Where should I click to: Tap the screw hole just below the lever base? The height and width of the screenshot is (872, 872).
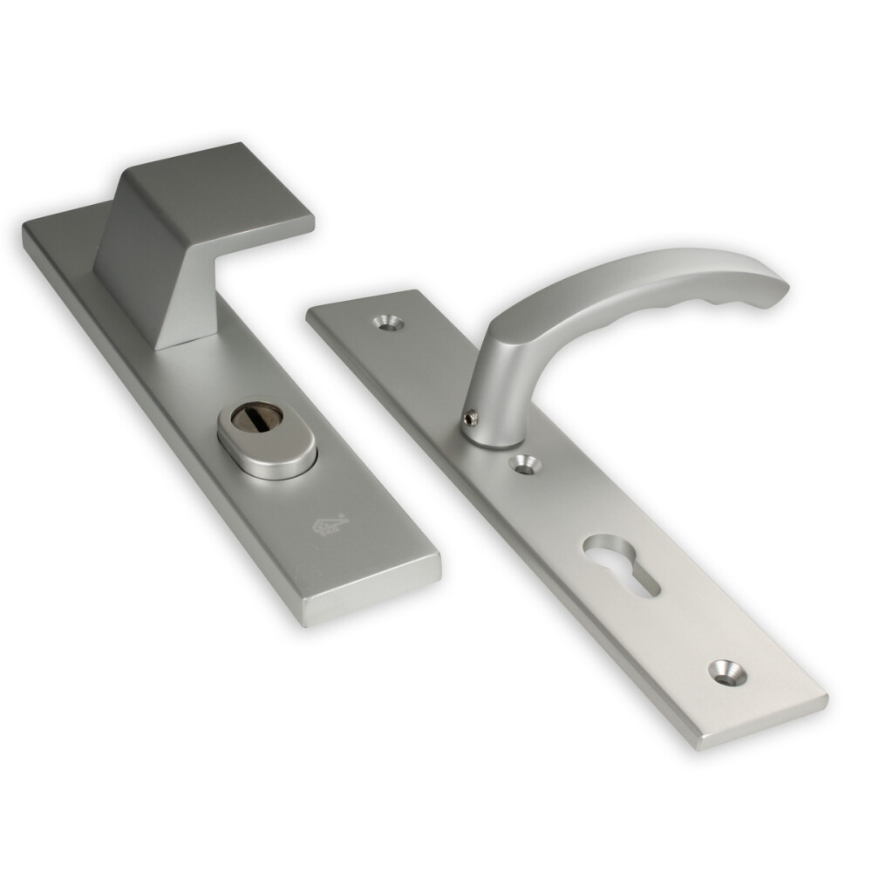click(x=525, y=464)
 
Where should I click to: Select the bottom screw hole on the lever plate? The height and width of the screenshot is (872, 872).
click(x=725, y=671)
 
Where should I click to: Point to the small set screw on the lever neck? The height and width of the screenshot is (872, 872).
click(x=472, y=420)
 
